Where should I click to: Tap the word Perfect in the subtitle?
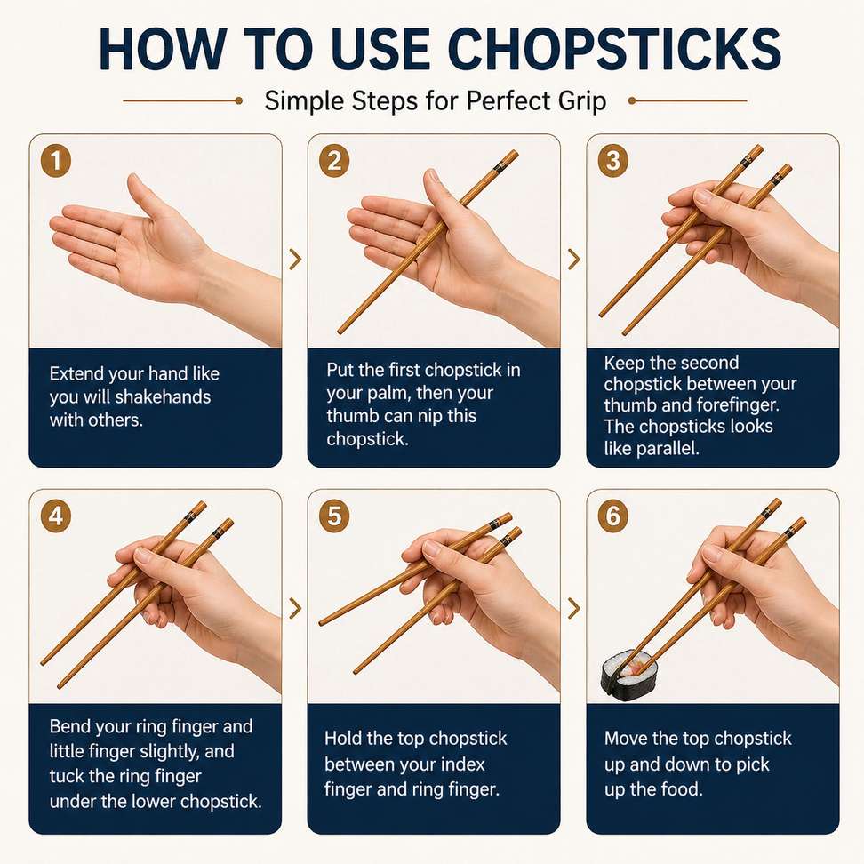coord(508,100)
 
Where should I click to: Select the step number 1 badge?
coord(56,161)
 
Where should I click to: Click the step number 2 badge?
coord(334,161)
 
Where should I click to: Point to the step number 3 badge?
coord(613,161)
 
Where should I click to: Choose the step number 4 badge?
coord(56,516)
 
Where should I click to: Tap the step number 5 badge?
coord(334,516)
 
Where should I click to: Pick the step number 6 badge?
coord(613,516)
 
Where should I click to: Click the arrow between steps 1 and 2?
coord(295,259)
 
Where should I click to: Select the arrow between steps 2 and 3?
coord(574,259)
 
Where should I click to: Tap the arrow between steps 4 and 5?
coord(295,608)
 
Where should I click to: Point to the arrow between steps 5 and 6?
coord(574,608)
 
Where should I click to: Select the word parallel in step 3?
coord(668,449)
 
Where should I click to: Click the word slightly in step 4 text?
coord(199,752)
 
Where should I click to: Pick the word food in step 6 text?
coord(682,789)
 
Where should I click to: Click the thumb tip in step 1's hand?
coord(133,180)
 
